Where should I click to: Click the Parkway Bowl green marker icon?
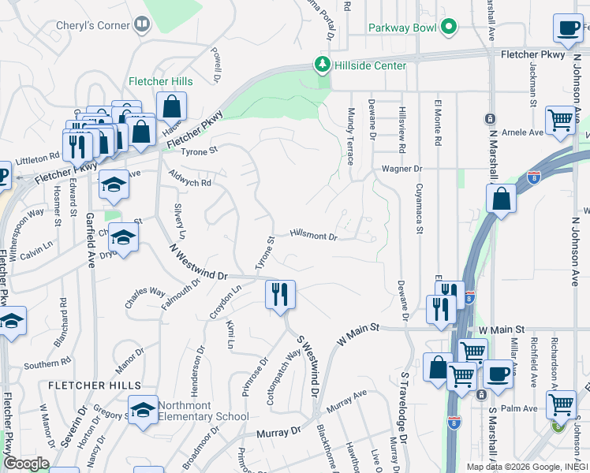coord(449,28)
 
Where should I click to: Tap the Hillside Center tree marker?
coord(322,64)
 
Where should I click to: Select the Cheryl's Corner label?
coord(93,25)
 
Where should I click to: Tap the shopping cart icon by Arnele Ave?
coord(561,121)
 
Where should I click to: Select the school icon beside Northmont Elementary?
coord(143,410)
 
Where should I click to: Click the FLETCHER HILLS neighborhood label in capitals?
coord(94,385)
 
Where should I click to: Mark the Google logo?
coord(26,464)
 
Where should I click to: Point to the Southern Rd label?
coord(47,364)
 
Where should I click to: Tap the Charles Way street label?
coord(146,296)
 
